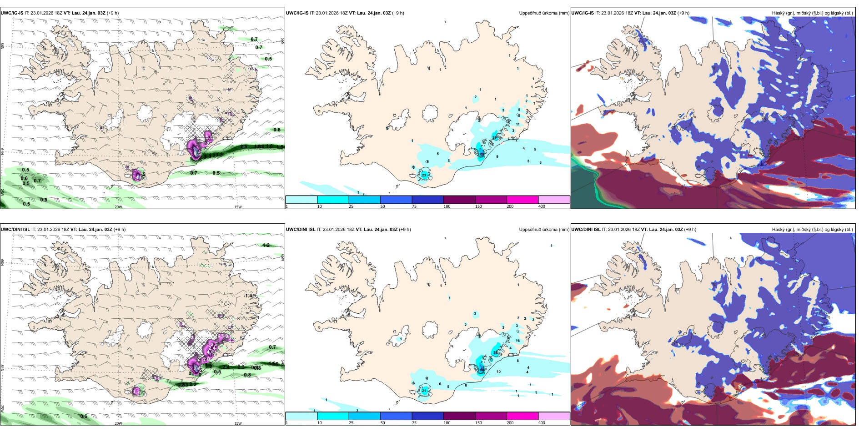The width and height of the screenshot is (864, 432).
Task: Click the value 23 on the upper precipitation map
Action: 424,175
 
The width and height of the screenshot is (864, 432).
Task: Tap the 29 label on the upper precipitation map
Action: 494,137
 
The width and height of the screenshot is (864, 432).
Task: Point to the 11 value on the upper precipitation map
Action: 517,124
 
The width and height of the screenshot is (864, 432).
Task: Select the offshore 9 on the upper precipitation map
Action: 497,157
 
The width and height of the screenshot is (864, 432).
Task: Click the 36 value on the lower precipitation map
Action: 495,352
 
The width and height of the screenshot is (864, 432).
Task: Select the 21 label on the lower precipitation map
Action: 424,391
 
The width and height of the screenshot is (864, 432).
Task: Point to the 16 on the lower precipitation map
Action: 517,341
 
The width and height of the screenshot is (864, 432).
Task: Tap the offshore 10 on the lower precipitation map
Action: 498,372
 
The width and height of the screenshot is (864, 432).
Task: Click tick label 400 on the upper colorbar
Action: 542,206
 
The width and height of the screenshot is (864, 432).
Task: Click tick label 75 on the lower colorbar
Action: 414,423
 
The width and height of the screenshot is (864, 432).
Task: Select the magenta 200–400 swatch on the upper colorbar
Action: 522,200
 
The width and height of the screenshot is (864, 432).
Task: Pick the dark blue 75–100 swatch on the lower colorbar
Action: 427,416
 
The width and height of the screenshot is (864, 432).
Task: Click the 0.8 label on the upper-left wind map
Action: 277,130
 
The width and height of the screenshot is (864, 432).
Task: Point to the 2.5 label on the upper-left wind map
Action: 244,146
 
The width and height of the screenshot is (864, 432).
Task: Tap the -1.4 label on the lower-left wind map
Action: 247,296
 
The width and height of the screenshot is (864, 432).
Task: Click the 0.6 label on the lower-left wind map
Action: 84,416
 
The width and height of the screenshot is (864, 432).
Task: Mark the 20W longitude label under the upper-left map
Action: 118,207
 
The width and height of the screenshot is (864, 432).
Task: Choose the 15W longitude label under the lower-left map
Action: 238,423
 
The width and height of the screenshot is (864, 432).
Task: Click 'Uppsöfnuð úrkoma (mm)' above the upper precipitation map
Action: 544,13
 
